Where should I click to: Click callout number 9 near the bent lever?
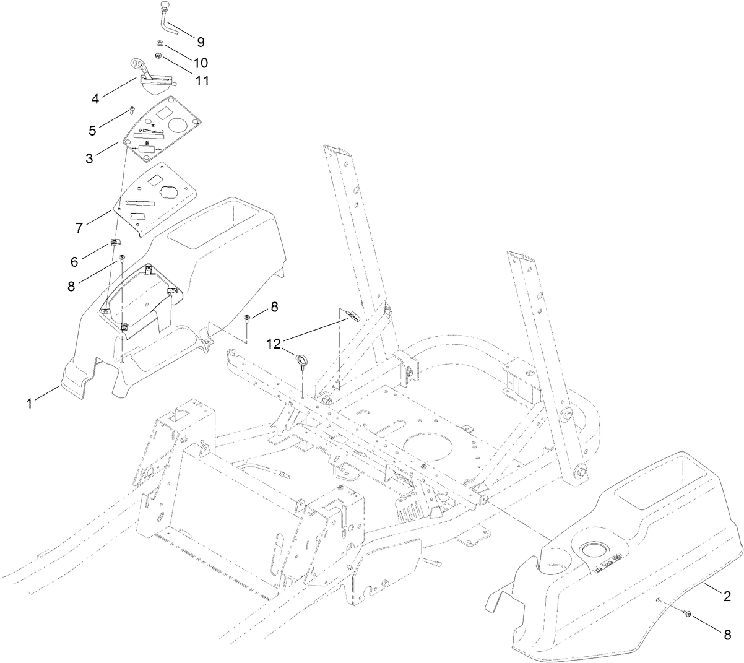[x=200, y=42]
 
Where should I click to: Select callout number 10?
[x=200, y=63]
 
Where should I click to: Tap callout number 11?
[x=201, y=81]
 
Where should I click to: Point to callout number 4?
[x=95, y=98]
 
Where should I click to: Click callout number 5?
[x=92, y=131]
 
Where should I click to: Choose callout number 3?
[x=90, y=158]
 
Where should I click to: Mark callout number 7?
[x=79, y=228]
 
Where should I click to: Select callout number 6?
[x=74, y=262]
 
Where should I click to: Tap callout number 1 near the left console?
[x=28, y=403]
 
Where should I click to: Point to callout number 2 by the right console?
[x=727, y=597]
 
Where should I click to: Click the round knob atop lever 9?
[x=165, y=6]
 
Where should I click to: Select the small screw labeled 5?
[x=132, y=110]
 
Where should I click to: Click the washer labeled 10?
[x=160, y=43]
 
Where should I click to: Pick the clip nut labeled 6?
[x=114, y=241]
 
